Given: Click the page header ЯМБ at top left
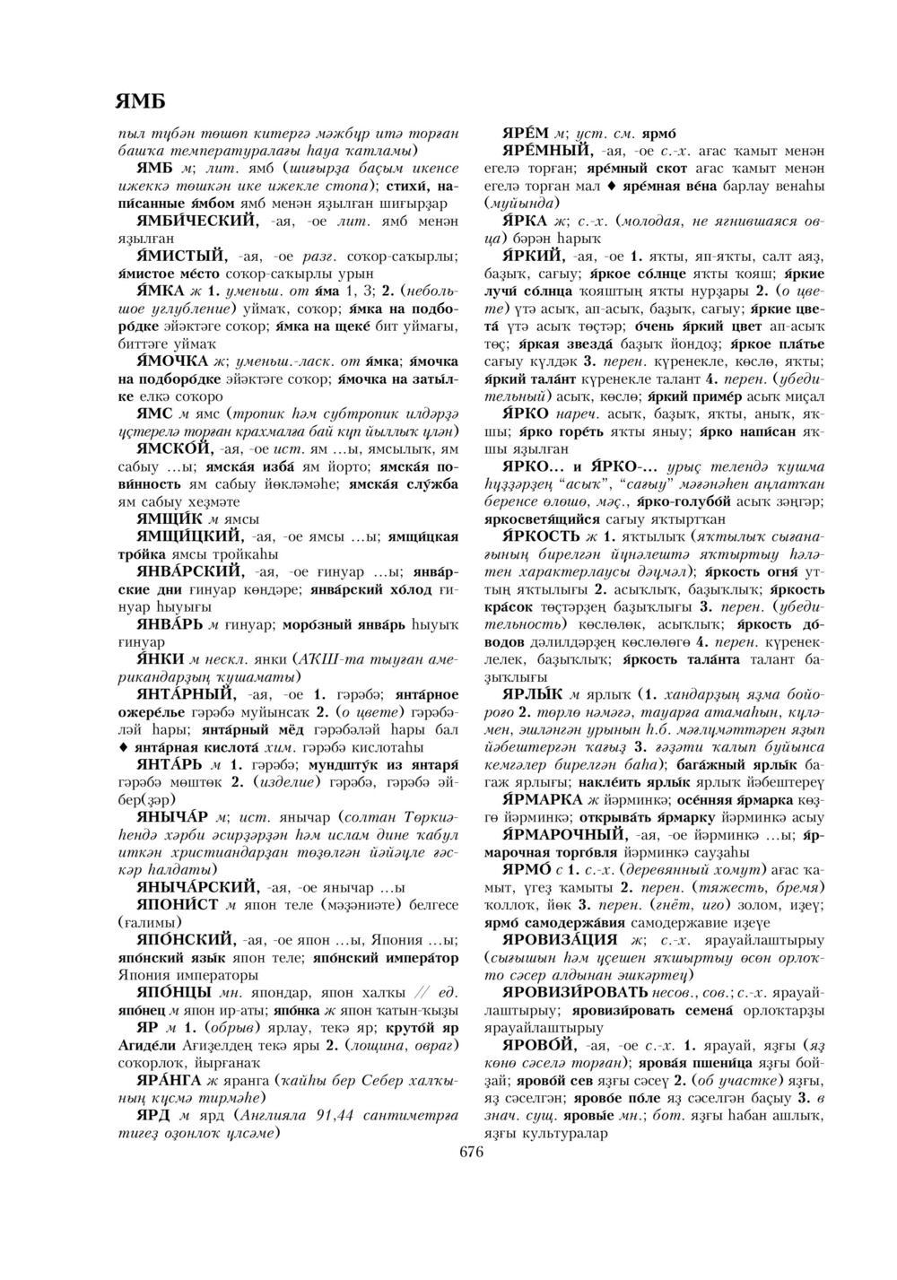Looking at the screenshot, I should (x=140, y=99).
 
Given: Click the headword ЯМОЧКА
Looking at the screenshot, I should (x=172, y=361).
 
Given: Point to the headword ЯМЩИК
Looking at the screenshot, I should (x=172, y=518).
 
